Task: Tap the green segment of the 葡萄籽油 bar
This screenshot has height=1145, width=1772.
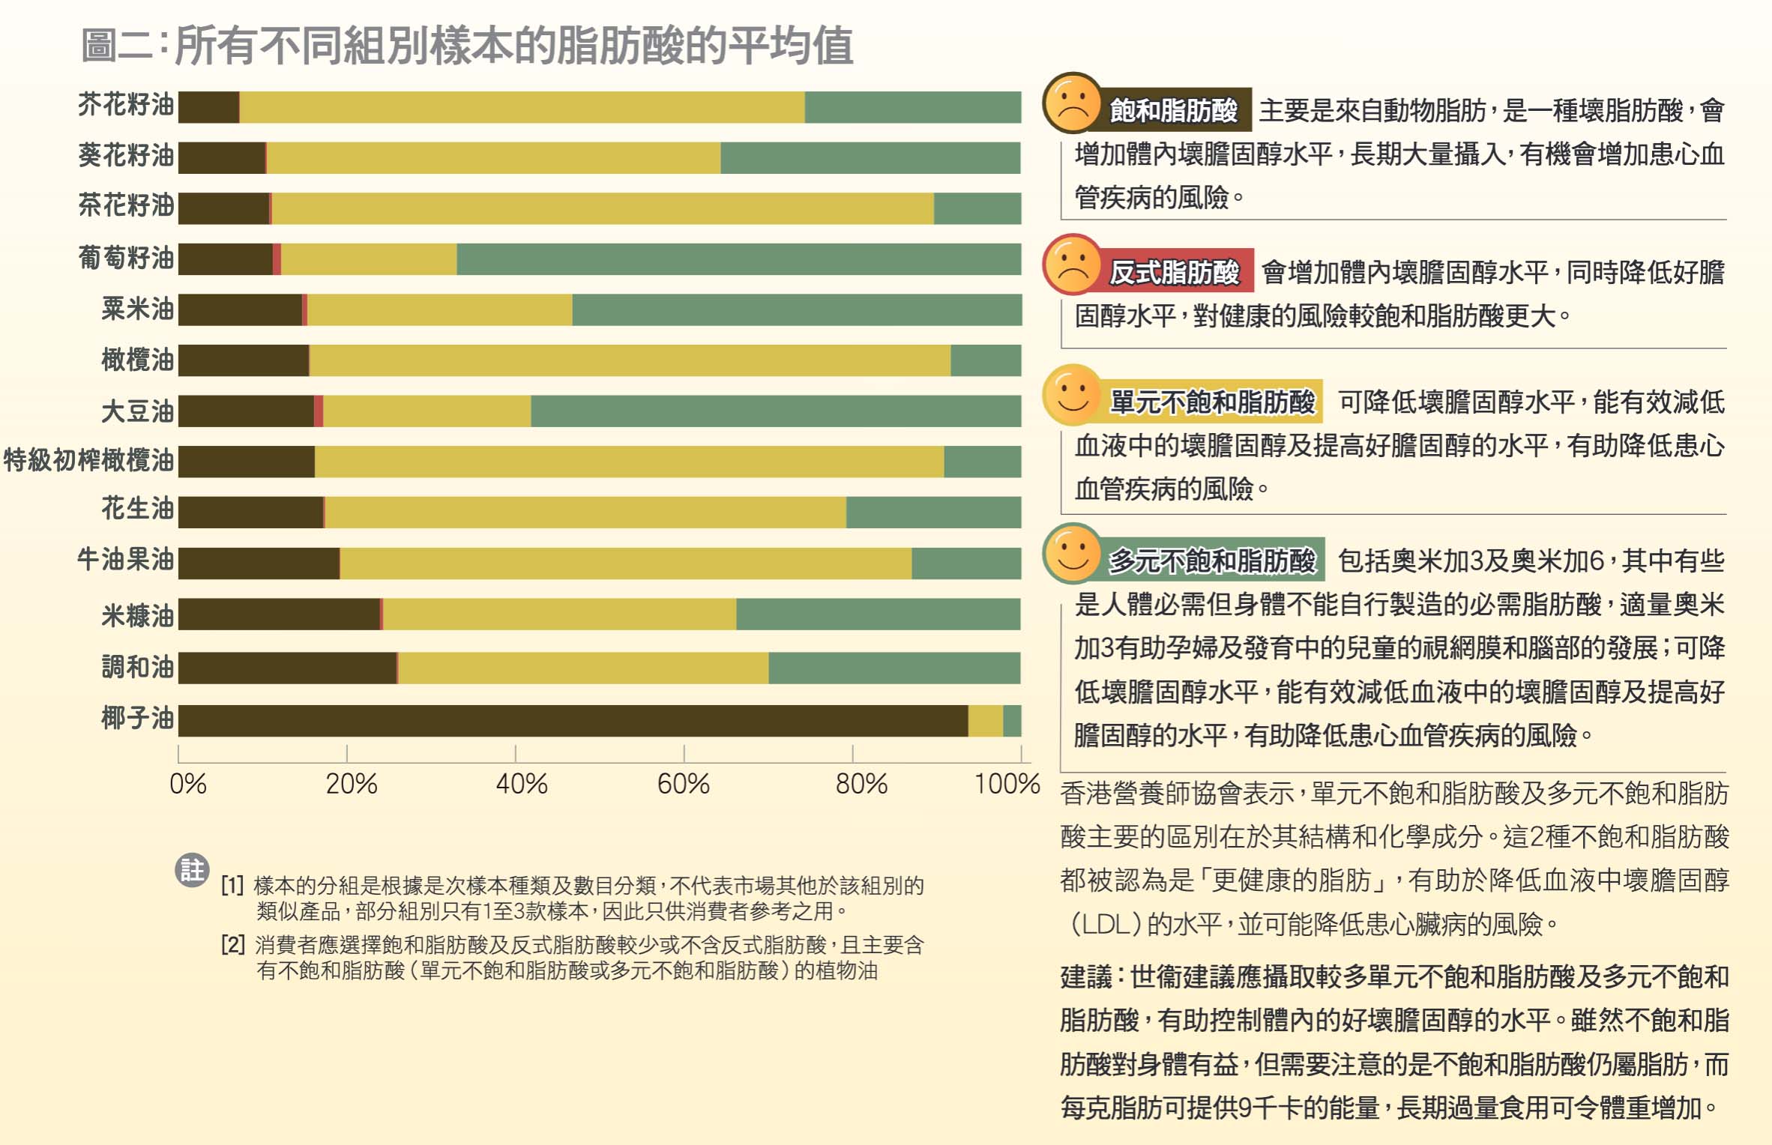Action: (738, 259)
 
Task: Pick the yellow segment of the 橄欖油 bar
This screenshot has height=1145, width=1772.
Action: (630, 360)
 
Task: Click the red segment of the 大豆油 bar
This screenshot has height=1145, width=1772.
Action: (319, 411)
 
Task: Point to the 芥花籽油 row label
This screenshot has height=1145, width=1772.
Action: (126, 105)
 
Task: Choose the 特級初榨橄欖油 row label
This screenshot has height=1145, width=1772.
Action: (88, 459)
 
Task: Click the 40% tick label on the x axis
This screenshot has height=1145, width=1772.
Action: (522, 784)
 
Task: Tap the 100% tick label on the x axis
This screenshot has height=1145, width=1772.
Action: (1007, 784)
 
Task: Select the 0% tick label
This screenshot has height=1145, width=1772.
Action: (187, 784)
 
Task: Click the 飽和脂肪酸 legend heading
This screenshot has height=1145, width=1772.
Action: (1174, 110)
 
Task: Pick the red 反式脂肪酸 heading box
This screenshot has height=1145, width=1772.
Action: (1175, 271)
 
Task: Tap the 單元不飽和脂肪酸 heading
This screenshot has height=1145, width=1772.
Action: (1212, 402)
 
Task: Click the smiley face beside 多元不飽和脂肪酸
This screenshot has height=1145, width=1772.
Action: (1073, 555)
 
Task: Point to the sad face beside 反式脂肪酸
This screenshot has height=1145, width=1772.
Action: (1073, 265)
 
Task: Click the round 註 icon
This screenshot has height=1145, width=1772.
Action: (192, 870)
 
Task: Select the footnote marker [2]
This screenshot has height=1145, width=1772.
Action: (232, 944)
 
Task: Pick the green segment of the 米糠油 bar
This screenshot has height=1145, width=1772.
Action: (878, 614)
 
